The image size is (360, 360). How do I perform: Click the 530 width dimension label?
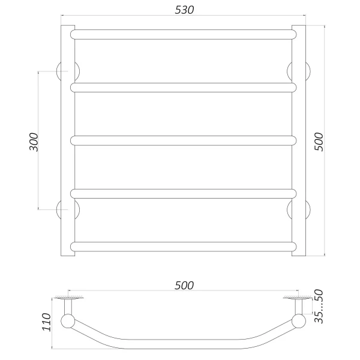[x=184, y=10]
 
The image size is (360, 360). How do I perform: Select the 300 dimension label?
[x=34, y=142]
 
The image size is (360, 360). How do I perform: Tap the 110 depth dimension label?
[x=47, y=322]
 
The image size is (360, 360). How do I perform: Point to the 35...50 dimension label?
[x=319, y=306]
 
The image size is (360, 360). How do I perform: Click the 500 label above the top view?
[x=184, y=286]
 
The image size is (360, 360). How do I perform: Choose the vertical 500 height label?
[x=319, y=142]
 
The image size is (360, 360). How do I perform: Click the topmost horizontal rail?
[x=183, y=34]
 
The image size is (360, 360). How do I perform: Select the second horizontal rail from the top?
[x=183, y=88]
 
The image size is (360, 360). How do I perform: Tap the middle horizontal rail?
[x=183, y=140]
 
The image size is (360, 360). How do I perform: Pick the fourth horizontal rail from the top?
[x=183, y=194]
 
